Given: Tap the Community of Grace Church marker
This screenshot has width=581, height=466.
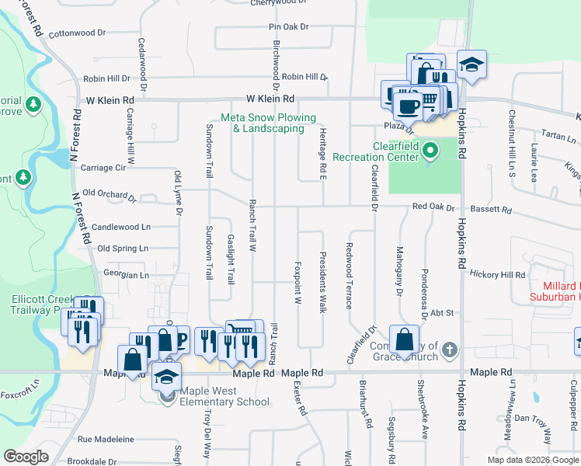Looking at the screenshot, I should pos(450,351).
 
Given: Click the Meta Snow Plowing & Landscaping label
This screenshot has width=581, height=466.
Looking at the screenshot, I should pos(268,123).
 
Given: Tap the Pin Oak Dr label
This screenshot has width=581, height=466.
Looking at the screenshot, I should pos(289,26).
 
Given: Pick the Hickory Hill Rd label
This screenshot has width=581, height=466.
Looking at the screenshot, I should pos(498,275).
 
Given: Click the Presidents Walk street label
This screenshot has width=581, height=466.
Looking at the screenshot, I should pos(322,283).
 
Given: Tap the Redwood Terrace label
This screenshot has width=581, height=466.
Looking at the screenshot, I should pos(349,275).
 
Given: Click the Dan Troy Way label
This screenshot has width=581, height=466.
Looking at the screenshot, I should pos(532,419).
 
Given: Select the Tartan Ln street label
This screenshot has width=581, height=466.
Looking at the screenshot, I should pos(559,139).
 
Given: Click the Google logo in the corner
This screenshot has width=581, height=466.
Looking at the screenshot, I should pos(26,457).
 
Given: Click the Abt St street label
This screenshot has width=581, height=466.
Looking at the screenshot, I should pos(444,313).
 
